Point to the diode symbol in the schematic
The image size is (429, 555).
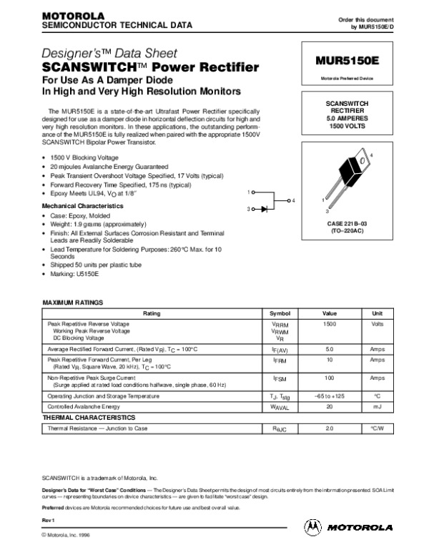265,209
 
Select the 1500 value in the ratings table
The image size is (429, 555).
330,325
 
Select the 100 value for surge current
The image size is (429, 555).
330,377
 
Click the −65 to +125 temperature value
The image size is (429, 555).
330,396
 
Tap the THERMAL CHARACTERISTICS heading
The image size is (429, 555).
89,416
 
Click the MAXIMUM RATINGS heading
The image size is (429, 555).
74,303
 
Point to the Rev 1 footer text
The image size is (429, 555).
49,519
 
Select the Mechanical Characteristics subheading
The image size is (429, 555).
82,205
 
